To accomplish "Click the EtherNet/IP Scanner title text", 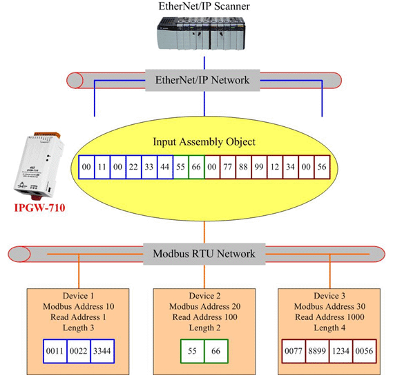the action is pos(204,6).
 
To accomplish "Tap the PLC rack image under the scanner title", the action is pos(201,33).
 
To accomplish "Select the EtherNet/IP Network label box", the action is pos(202,80).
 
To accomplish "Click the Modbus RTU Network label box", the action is pos(204,254).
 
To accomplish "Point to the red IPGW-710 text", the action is pos(39,208).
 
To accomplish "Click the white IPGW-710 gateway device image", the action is pos(39,166).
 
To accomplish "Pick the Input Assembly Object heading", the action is pos(204,141).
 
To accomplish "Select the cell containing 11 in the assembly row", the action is pos(102,167).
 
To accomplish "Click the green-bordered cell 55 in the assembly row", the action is pos(181,167).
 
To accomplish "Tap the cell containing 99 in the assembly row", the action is pos(259,167).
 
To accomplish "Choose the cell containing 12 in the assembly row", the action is pos(275,167).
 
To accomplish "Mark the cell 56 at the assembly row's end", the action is pos(322,167).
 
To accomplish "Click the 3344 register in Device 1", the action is pos(102,351).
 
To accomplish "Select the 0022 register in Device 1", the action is pos(79,351).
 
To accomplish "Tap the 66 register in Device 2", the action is pos(216,351).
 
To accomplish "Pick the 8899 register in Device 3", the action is pos(317,351).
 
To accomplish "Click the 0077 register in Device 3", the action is pos(294,351).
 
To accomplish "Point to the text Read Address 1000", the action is pos(329,317).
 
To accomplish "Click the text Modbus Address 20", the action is pos(204,306).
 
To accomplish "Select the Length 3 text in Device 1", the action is pos(78,328).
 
